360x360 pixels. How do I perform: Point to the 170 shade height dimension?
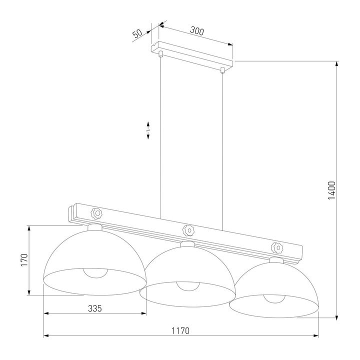tap(23, 260)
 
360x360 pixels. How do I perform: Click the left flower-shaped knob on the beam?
tap(96, 213)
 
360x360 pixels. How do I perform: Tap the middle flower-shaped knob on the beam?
tap(187, 229)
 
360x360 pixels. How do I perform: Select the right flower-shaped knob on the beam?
tap(276, 246)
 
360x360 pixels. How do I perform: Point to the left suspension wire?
tap(160, 135)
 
